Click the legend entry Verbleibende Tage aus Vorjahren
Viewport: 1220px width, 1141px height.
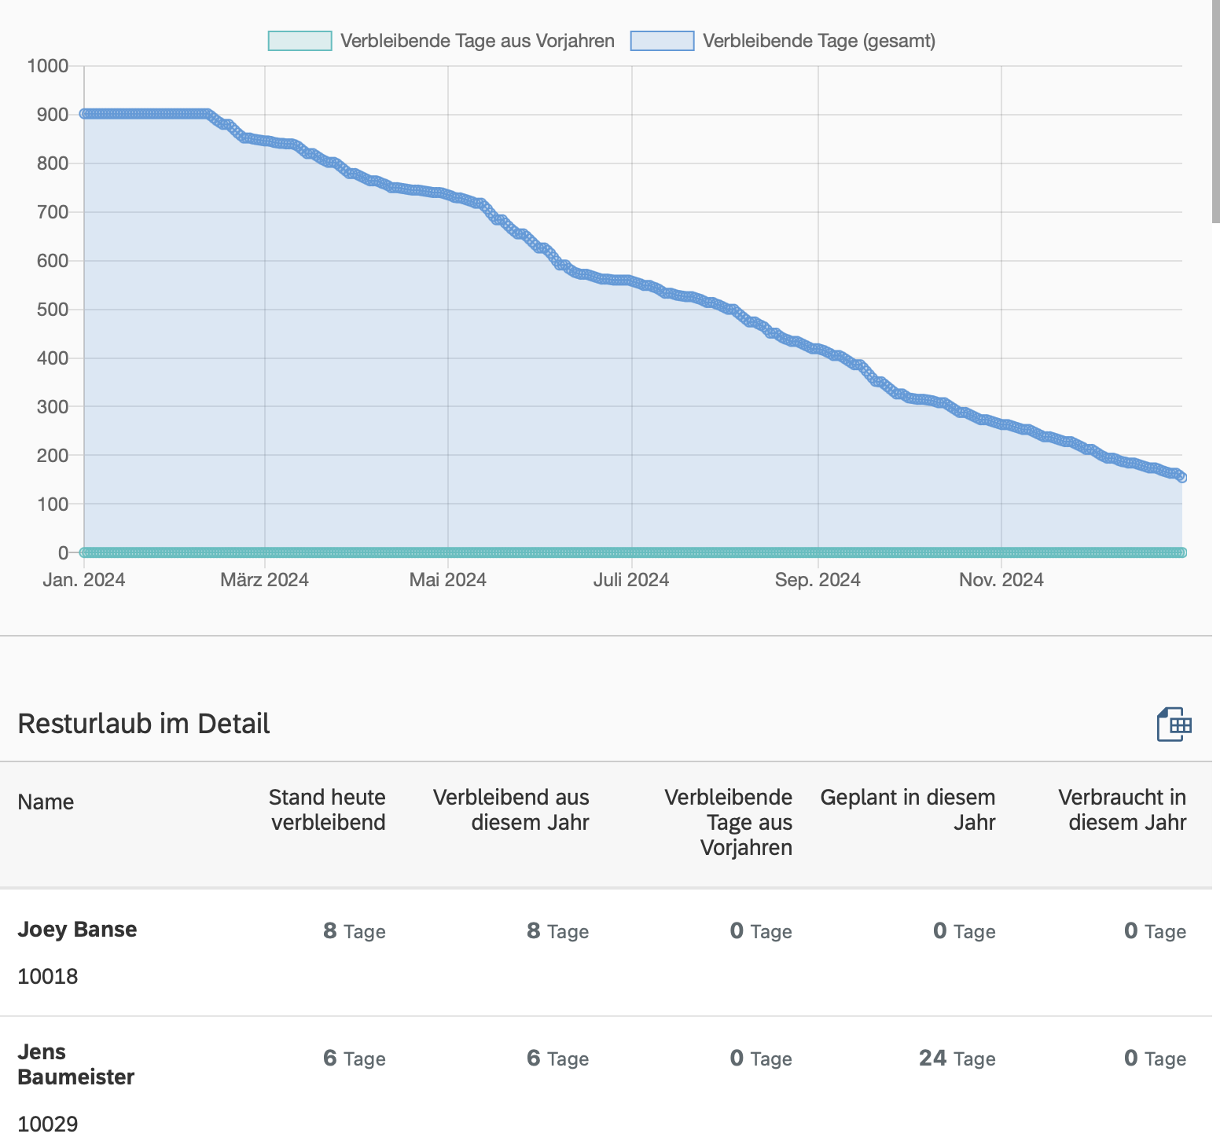(x=441, y=41)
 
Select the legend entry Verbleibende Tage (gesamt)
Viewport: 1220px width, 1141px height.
(x=783, y=41)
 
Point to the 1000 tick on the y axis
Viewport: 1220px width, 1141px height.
(x=48, y=65)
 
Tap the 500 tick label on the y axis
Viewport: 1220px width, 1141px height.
(x=52, y=310)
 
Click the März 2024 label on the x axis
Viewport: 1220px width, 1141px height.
(x=264, y=580)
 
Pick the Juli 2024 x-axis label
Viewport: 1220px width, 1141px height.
(x=630, y=580)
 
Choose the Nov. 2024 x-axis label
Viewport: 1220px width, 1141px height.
(x=1001, y=580)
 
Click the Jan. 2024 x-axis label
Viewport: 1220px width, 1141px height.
(x=84, y=580)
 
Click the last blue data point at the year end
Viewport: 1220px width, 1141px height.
(x=1181, y=477)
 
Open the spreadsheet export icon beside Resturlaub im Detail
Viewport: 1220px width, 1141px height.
(x=1174, y=725)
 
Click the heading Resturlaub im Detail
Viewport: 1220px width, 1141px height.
(x=144, y=724)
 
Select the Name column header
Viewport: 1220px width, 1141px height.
(x=46, y=802)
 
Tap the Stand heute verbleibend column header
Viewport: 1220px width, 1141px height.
(x=327, y=809)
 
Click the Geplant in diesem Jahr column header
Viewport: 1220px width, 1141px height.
(x=907, y=809)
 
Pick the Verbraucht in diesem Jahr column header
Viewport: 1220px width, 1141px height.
(x=1122, y=809)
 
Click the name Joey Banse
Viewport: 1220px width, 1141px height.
(x=77, y=930)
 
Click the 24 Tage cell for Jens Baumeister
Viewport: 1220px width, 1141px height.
(x=957, y=1058)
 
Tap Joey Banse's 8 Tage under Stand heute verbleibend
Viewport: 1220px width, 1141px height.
(x=354, y=931)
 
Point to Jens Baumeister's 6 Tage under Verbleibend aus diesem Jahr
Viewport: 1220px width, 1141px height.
(x=557, y=1058)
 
